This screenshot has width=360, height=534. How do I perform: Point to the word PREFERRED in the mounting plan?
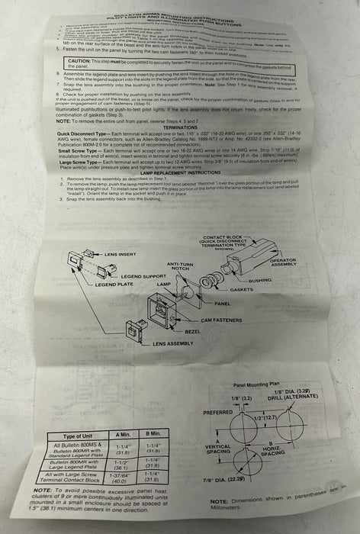(x=219, y=413)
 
